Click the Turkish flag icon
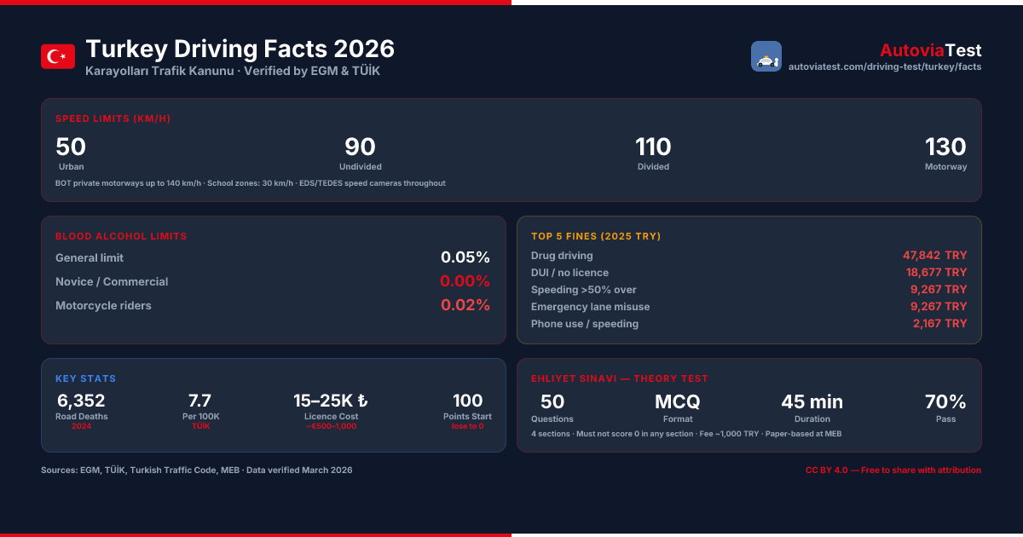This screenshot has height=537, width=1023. click(x=58, y=56)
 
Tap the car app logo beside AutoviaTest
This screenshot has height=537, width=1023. click(x=766, y=56)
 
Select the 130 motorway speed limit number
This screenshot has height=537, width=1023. click(x=945, y=147)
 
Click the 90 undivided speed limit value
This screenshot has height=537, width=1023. click(x=360, y=147)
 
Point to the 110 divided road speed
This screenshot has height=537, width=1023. click(x=653, y=147)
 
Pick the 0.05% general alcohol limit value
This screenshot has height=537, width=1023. click(x=465, y=257)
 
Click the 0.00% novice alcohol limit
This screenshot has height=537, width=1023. click(x=465, y=280)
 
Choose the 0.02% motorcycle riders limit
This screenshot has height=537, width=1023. click(x=465, y=305)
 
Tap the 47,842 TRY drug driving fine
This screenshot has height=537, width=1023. click(x=934, y=255)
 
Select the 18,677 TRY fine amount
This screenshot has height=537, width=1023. click(x=936, y=272)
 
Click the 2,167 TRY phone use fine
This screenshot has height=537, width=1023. click(x=939, y=323)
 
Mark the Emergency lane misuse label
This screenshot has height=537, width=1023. click(x=590, y=307)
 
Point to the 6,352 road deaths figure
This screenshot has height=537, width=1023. click(x=81, y=401)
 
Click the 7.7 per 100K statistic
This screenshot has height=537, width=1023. click(x=200, y=401)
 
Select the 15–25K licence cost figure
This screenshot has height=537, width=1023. click(x=331, y=401)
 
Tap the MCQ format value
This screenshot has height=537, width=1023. click(x=677, y=401)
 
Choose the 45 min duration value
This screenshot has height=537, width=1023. click(x=812, y=401)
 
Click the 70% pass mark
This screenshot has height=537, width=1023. click(x=945, y=401)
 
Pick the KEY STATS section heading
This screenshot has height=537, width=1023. click(x=86, y=378)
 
